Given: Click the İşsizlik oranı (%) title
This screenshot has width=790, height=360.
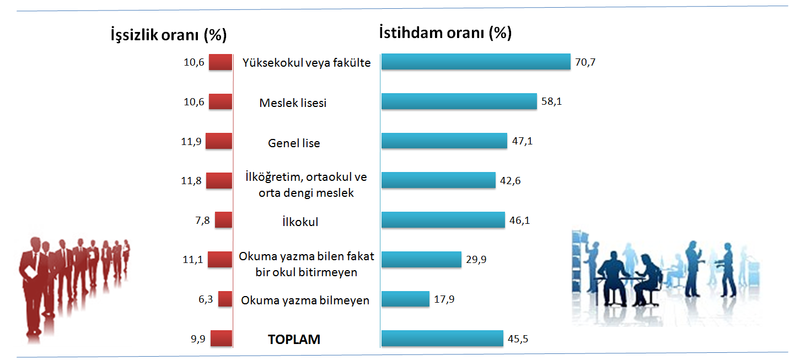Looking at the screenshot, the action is (x=169, y=35).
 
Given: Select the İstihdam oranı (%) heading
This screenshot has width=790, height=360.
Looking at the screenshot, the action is (x=445, y=33).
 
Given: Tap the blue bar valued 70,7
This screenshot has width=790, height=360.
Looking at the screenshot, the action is (x=476, y=62).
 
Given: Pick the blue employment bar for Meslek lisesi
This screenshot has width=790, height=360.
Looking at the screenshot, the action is (x=459, y=101).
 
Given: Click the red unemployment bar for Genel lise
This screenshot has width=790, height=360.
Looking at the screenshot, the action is (x=219, y=141).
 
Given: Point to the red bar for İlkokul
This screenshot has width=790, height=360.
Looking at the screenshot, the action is (x=224, y=219).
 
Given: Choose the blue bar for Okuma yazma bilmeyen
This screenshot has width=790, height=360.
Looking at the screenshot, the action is (x=405, y=299).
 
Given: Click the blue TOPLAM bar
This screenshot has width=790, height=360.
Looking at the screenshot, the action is (x=442, y=338).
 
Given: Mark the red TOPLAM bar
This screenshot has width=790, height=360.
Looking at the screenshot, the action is (x=222, y=338).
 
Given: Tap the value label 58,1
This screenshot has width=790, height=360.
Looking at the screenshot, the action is (x=552, y=101).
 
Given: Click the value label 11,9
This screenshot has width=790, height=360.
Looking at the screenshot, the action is (x=191, y=142).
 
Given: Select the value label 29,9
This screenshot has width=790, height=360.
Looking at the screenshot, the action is (x=476, y=260).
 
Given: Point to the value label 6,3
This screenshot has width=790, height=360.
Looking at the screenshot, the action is (x=206, y=299).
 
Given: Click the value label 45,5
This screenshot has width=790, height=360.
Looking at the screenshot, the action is (x=518, y=339).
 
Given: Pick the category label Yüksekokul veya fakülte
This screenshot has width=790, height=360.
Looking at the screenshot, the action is (x=307, y=63).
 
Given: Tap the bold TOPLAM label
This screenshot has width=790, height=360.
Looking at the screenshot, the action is (x=294, y=339).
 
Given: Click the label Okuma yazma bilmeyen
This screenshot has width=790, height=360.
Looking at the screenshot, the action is (x=305, y=300).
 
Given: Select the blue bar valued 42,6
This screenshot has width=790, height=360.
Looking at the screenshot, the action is (x=438, y=180).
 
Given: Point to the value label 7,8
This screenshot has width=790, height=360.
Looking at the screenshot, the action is (x=202, y=221).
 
